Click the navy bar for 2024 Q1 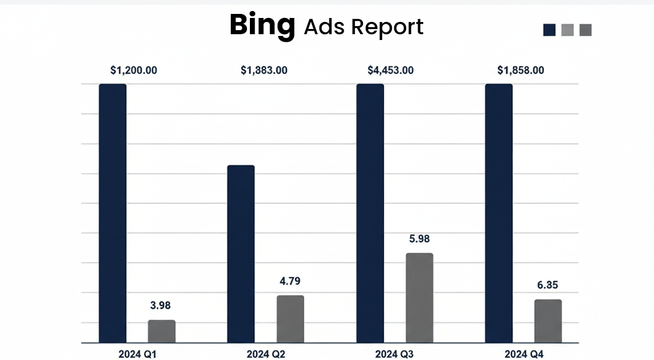tap(112, 213)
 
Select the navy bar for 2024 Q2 tap(241, 253)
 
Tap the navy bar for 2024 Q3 tap(370, 213)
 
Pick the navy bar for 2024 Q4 tap(499, 213)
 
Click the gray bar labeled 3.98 tap(162, 331)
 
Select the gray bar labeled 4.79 tap(290, 319)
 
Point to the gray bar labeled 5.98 tap(419, 297)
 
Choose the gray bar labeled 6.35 tap(548, 321)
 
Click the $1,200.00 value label tap(134, 70)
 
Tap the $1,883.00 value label tap(264, 70)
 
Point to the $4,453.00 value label tap(391, 70)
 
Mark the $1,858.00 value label tap(521, 70)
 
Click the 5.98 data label tap(419, 239)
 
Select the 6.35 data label tap(548, 285)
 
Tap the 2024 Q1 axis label tap(137, 354)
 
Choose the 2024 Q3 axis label tap(394, 354)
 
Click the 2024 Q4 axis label tap(524, 354)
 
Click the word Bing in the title tap(262, 26)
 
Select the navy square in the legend tap(549, 30)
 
